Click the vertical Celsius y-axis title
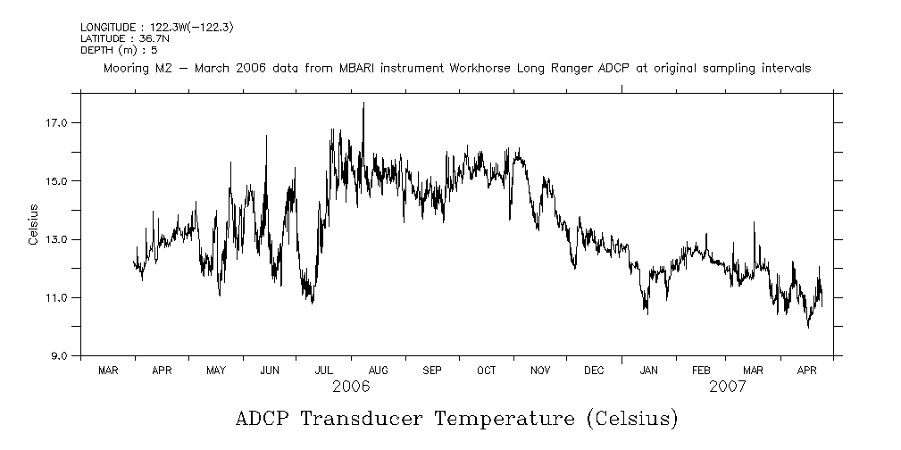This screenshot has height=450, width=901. click(33, 225)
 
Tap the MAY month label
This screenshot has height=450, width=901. click(216, 370)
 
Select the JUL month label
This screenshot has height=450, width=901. click(324, 370)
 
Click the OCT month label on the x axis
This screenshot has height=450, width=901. click(486, 370)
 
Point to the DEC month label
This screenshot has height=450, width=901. click(594, 370)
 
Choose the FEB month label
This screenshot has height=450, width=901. click(702, 370)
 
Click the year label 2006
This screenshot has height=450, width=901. click(351, 387)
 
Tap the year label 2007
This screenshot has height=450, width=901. click(729, 387)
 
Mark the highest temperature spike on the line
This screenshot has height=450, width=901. click(363, 104)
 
